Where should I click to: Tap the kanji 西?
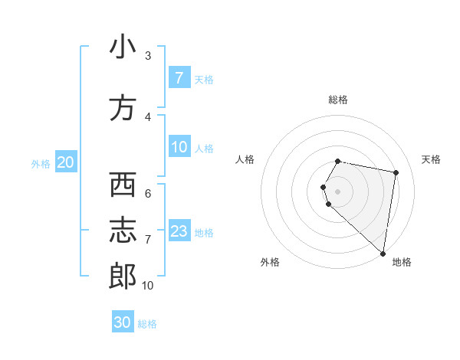tap(122, 185)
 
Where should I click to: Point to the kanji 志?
tap(122, 231)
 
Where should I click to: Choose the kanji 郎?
tap(122, 277)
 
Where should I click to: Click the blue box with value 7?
tap(179, 78)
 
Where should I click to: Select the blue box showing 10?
tap(179, 147)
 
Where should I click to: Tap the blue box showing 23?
tap(179, 231)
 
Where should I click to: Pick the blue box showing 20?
tap(66, 162)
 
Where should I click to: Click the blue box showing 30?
tap(123, 322)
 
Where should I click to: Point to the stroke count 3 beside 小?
tap(147, 56)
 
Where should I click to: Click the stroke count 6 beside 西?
tap(147, 194)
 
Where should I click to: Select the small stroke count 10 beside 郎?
tap(147, 286)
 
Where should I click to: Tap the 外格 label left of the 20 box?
tap(41, 163)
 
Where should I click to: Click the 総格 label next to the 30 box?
tap(147, 324)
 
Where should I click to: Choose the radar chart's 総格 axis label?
tap(338, 100)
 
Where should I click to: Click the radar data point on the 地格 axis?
tap(383, 253)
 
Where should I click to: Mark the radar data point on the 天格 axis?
tap(396, 172)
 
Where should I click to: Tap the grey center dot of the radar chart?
tap(338, 191)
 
